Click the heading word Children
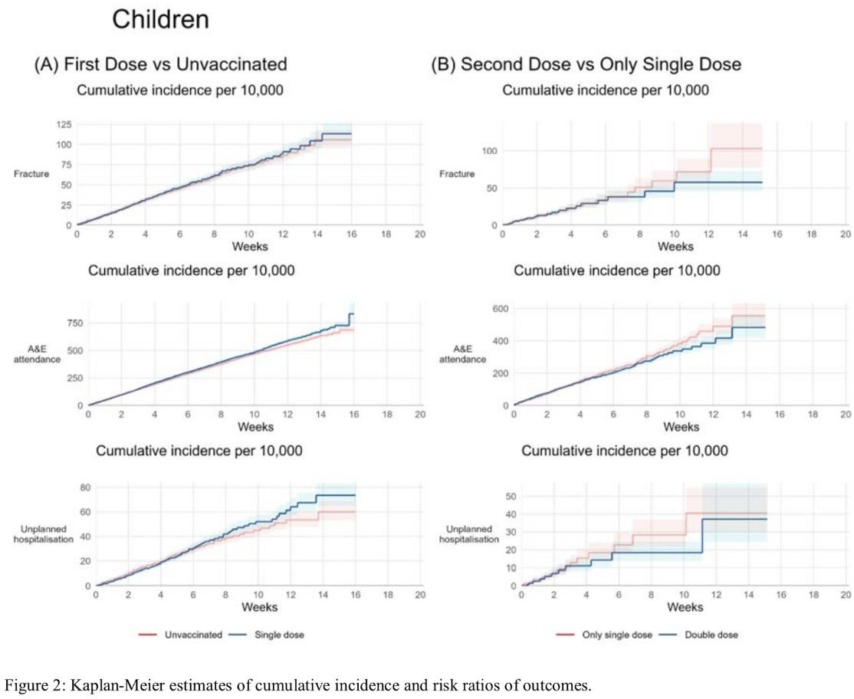pyautogui.click(x=160, y=20)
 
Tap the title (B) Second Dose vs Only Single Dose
pyautogui.click(x=586, y=64)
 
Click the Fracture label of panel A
pyautogui.click(x=31, y=174)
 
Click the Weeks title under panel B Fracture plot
pyautogui.click(x=675, y=246)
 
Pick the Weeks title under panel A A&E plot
pyautogui.click(x=255, y=426)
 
